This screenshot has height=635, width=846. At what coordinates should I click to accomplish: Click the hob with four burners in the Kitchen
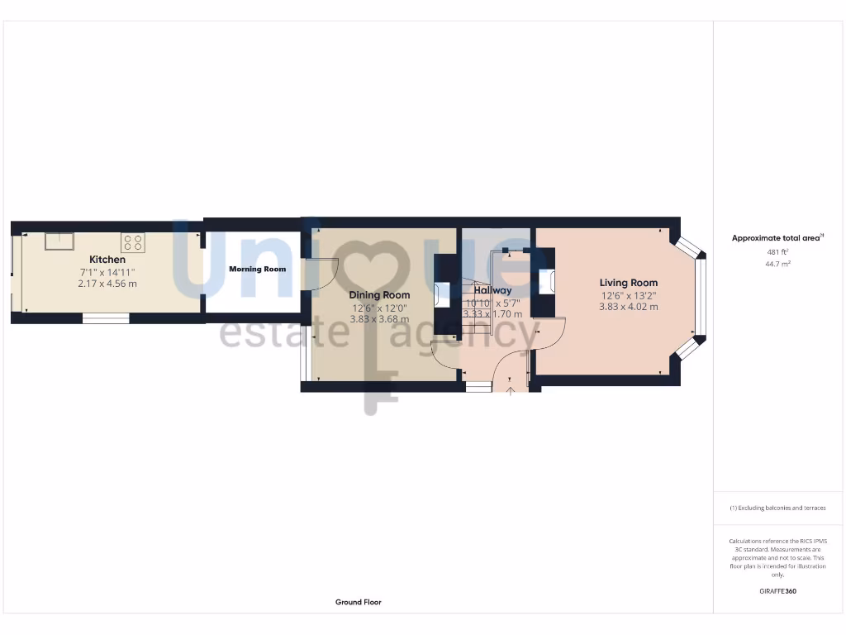pos(133,242)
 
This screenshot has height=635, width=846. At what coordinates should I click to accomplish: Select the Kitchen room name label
pos(107,260)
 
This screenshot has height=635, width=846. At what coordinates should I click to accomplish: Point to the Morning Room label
pos(258,269)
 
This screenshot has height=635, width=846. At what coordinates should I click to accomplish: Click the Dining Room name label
pos(379,295)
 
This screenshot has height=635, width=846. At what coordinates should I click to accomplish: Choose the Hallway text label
pos(492,290)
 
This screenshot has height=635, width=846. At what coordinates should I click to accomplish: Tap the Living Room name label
pos(629,283)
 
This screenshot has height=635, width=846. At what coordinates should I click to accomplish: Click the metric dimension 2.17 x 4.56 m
pos(107,284)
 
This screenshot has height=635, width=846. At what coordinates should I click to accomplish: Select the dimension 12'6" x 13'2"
pos(629,295)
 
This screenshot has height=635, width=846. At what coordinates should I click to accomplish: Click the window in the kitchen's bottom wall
pos(106,317)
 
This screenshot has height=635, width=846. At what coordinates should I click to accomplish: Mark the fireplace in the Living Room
pos(545,281)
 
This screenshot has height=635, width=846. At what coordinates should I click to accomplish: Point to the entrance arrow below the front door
pos(511,391)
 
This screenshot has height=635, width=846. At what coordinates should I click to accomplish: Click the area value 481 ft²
pos(777,252)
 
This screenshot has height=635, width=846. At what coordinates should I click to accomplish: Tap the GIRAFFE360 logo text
pos(777,591)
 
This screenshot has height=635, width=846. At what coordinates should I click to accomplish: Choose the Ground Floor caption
pos(359,602)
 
